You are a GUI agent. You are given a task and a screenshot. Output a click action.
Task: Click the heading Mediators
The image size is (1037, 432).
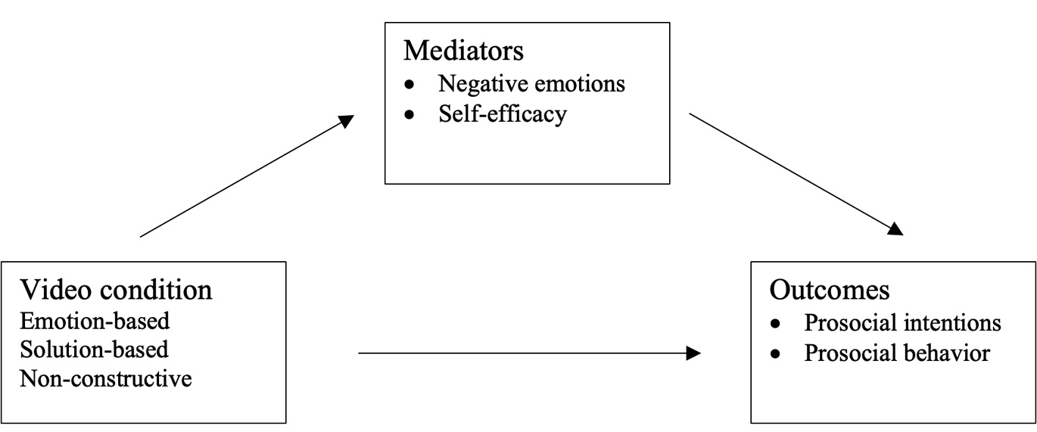pos(463,51)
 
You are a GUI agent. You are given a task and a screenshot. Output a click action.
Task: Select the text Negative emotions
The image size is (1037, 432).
pos(531,83)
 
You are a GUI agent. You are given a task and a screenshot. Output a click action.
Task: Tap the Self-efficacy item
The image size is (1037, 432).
pos(502,114)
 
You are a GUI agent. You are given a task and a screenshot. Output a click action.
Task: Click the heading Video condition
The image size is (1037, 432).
pos(116,290)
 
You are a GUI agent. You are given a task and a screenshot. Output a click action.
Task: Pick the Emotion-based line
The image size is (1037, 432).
pos(95,321)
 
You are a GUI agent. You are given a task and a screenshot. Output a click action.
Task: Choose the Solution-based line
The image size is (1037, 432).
pos(94,350)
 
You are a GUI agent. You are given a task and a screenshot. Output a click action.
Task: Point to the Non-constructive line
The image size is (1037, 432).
pos(105,378)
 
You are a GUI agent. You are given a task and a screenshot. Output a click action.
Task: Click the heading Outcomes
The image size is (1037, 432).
pos(830,290)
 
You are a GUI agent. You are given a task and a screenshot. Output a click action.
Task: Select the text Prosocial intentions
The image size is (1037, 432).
pos(902,323)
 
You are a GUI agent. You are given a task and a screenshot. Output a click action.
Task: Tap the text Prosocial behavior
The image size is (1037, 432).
pos(897,353)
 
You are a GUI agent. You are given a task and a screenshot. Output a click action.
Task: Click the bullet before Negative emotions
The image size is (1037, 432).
pos(410,84)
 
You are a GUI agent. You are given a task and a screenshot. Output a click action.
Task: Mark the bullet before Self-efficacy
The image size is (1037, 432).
pos(410,115)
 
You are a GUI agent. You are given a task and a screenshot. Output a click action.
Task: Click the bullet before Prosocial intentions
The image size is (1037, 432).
pos(775,324)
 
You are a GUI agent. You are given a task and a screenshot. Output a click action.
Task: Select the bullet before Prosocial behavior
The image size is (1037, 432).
pos(775,353)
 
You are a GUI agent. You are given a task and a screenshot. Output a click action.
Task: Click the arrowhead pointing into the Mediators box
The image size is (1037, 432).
pos(346,121)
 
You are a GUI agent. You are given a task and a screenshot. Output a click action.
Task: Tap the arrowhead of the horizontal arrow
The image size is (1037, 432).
pos(693,353)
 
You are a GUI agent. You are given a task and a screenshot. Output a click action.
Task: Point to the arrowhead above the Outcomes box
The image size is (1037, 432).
pos(895,228)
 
